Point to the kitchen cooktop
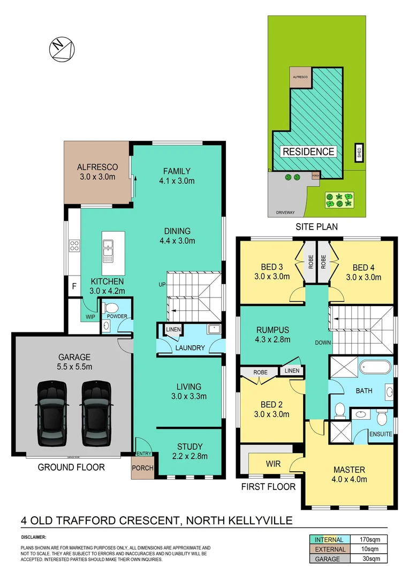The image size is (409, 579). point(74,247)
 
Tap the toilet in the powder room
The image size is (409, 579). point(111,308)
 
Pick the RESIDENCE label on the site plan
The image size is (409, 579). point(308,152)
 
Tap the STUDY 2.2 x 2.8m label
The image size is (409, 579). point(190,451)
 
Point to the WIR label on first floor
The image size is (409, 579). point(274,462)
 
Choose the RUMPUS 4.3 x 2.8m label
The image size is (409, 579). point(272,334)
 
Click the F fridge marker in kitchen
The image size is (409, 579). point(73,286)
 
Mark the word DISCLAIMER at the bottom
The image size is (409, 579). point(34,537)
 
